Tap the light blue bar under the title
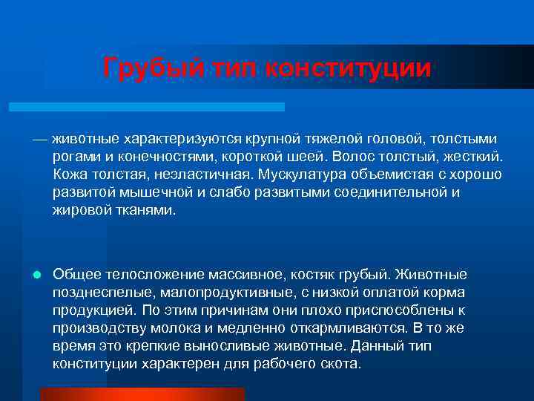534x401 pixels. click(x=146, y=107)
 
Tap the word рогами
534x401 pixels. click(x=76, y=157)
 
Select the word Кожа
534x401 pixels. click(x=70, y=175)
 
